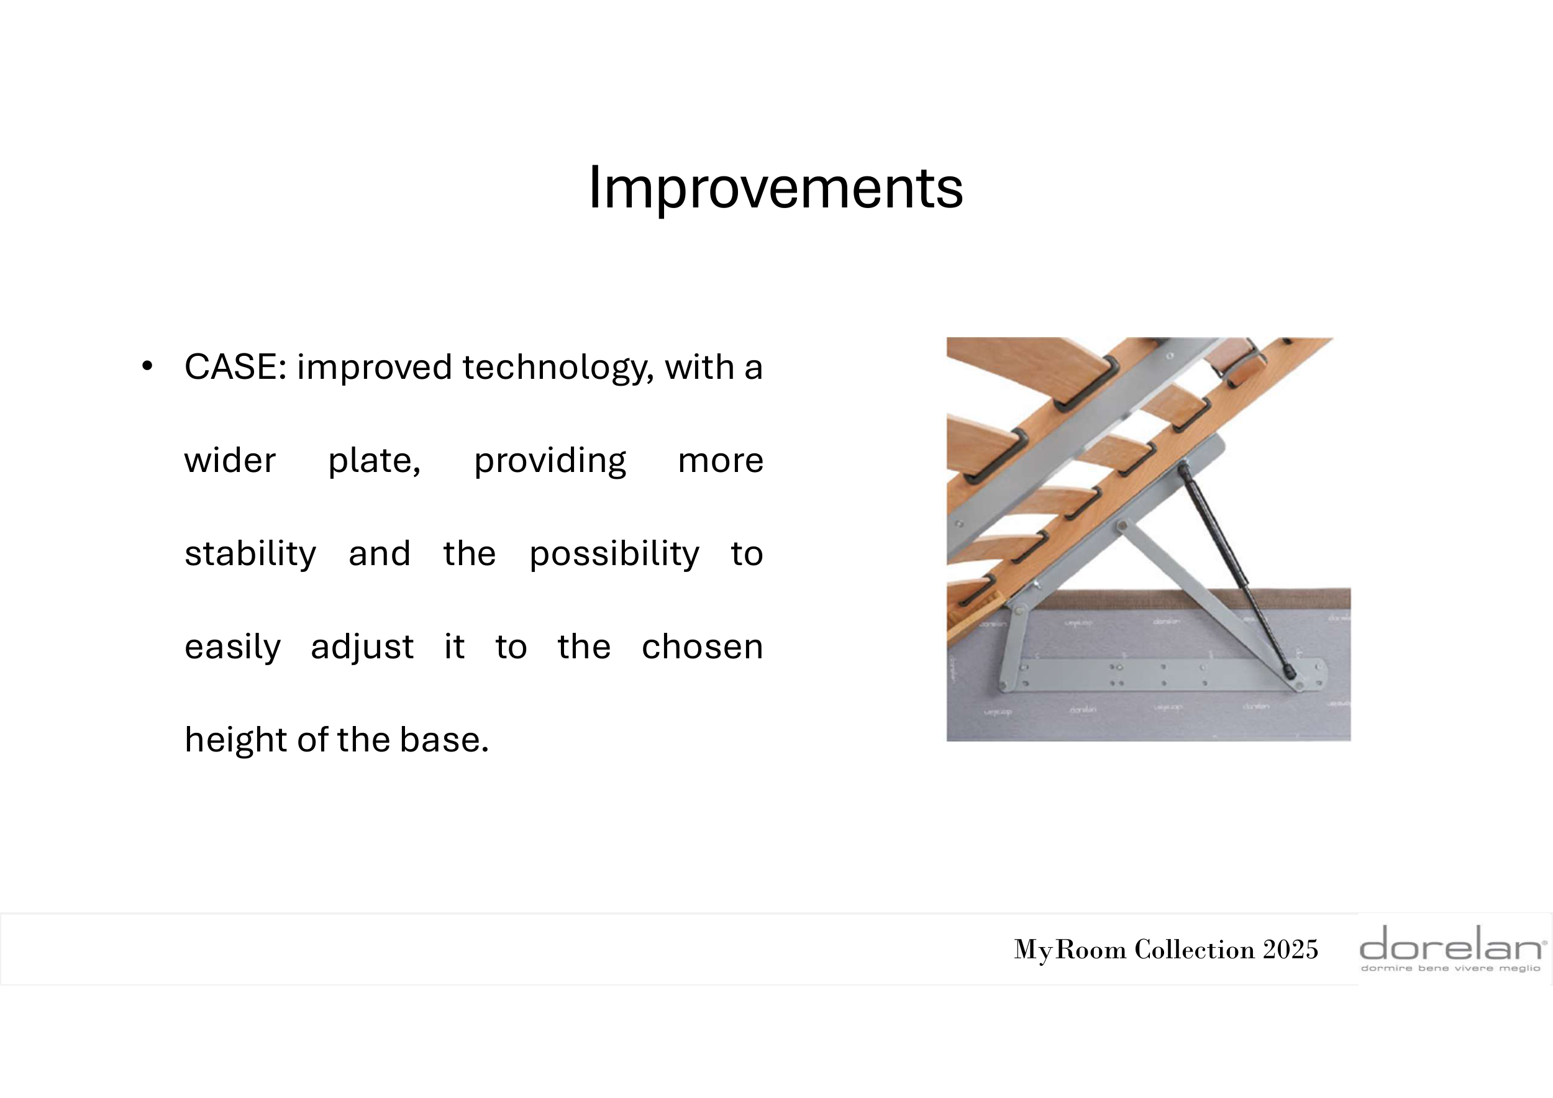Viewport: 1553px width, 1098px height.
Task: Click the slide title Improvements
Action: pyautogui.click(x=776, y=189)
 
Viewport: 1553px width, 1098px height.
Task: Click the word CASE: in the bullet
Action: pyautogui.click(x=235, y=367)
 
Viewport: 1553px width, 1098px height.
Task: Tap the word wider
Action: pyautogui.click(x=230, y=460)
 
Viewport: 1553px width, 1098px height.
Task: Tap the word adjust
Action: pyautogui.click(x=362, y=648)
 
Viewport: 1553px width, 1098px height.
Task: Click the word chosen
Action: pyautogui.click(x=702, y=647)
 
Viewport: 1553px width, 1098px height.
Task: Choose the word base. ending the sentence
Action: pyautogui.click(x=444, y=740)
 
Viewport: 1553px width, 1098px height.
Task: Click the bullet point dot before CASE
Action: pyautogui.click(x=147, y=366)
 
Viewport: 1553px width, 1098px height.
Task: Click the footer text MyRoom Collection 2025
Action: pyautogui.click(x=1166, y=950)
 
